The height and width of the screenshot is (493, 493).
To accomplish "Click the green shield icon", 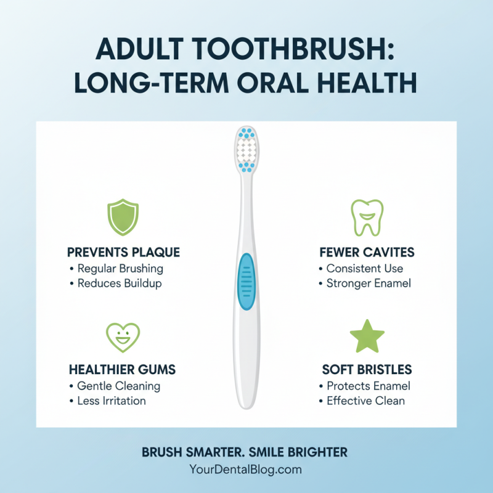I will [x=123, y=218].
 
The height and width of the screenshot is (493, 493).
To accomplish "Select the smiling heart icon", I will [x=123, y=336].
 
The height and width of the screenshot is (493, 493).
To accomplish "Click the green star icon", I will [x=367, y=336].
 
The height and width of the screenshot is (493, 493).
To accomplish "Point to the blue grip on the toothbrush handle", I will [x=246, y=282].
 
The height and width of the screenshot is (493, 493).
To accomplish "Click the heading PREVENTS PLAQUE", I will [x=123, y=253].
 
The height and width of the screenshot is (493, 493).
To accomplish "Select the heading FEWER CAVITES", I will [x=367, y=253].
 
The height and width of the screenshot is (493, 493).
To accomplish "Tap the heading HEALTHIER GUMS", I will [x=123, y=370].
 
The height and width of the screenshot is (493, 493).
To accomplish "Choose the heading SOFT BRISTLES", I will [x=367, y=370].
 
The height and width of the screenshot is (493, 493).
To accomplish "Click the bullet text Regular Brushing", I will [x=120, y=269].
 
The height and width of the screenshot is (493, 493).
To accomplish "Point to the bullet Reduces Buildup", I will [x=120, y=283].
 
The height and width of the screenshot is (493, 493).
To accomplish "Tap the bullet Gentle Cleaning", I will [x=119, y=386].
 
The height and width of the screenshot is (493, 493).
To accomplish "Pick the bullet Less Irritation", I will [x=112, y=401].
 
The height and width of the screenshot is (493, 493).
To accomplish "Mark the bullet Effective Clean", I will [x=365, y=401].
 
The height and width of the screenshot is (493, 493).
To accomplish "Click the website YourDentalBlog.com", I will [x=246, y=470].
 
